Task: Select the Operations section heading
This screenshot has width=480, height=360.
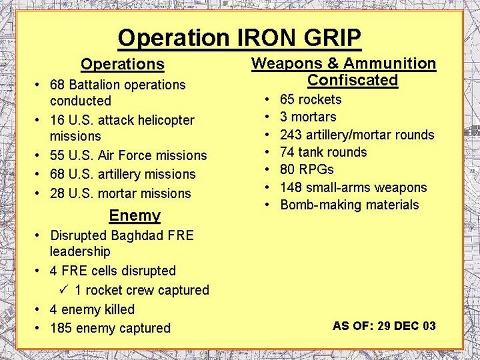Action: (122, 64)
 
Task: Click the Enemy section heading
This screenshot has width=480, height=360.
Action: (134, 215)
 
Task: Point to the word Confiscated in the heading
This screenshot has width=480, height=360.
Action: (353, 80)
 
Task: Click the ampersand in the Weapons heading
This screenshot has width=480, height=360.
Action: (333, 64)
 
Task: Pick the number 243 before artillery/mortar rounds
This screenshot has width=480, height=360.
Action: (290, 134)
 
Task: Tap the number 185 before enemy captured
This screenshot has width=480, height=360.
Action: (61, 328)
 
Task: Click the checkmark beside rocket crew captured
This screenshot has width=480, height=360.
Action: (64, 289)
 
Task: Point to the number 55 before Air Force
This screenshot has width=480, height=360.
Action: (57, 155)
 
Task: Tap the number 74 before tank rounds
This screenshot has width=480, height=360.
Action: (287, 152)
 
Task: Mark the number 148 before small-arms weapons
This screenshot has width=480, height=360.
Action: (291, 187)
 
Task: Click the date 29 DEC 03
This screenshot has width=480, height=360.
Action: (407, 326)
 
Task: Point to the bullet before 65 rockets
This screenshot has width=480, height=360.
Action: (267, 100)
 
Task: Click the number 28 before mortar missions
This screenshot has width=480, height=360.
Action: (57, 193)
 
